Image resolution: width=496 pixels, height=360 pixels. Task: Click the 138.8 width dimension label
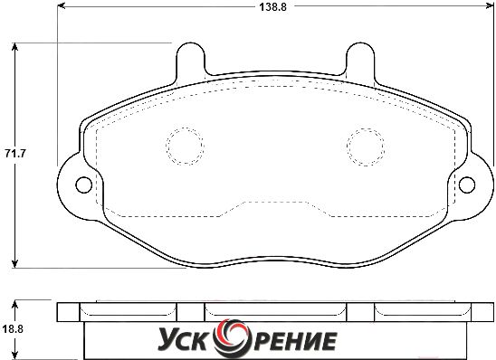tap(273, 7)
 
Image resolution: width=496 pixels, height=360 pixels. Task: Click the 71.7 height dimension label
tap(14, 154)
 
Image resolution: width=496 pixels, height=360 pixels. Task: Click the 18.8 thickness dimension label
tap(13, 329)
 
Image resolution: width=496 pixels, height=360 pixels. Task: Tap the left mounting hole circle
tap(84, 185)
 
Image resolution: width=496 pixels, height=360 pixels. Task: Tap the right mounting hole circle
tap(467, 185)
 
